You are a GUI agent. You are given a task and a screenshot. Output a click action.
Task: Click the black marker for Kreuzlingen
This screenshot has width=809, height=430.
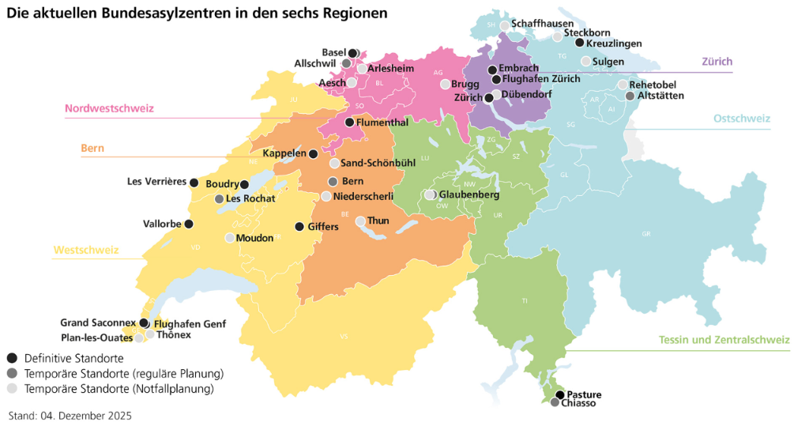(x=579, y=43)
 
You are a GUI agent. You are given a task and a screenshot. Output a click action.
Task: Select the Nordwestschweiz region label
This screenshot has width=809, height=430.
(x=109, y=108)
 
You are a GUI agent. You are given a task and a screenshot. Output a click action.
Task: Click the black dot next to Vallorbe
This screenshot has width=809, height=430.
(x=188, y=224)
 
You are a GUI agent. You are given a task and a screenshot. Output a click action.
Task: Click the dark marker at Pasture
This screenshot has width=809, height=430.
(x=559, y=394)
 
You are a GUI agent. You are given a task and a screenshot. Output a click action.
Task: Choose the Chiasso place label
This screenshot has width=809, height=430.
(x=578, y=403)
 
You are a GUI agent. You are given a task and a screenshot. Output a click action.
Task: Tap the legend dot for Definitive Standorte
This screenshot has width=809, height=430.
(x=11, y=358)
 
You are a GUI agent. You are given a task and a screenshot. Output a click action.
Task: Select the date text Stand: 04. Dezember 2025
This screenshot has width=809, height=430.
(x=70, y=415)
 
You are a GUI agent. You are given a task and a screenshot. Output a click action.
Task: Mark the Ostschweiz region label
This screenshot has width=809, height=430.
(x=741, y=119)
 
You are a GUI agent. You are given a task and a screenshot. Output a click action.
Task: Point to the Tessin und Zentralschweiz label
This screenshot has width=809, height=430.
(x=724, y=340)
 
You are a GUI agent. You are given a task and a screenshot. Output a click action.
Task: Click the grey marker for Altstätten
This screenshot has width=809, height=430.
(x=630, y=96)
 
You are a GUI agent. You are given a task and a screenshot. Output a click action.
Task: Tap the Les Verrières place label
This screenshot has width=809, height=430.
(x=156, y=181)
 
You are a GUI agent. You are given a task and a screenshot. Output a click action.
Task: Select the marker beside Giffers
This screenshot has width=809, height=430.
(x=299, y=227)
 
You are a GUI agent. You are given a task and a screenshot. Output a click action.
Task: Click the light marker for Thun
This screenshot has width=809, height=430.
(x=360, y=221)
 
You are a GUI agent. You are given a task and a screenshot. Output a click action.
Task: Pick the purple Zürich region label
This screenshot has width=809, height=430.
(x=717, y=62)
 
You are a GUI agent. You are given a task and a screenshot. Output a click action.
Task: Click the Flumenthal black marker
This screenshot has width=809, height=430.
(x=349, y=123)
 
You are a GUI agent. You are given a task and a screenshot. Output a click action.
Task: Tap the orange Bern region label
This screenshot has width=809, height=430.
(x=92, y=148)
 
